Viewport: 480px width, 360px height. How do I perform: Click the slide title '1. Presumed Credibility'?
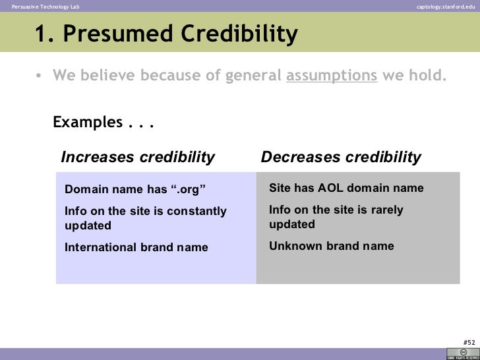(x=166, y=34)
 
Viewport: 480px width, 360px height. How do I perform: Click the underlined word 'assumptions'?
(x=332, y=75)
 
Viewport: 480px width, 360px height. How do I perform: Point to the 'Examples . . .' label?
(x=103, y=123)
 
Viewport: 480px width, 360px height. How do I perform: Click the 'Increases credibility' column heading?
(x=138, y=157)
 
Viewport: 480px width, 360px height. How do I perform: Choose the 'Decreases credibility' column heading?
(x=341, y=157)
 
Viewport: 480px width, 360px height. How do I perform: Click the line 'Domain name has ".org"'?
(x=135, y=190)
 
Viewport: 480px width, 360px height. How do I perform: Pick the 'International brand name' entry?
(x=136, y=248)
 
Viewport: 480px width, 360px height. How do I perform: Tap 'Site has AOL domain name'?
(x=346, y=189)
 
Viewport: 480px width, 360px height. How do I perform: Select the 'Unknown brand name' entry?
(x=332, y=247)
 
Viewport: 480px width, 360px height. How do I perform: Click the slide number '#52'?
(x=469, y=342)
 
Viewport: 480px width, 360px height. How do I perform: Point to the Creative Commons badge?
(x=460, y=353)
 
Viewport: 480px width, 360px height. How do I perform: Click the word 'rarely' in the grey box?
(x=386, y=210)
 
